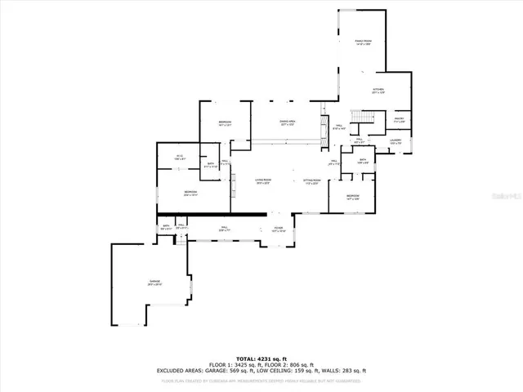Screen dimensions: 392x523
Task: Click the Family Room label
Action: (364, 42)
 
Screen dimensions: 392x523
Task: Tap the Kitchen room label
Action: (378, 91)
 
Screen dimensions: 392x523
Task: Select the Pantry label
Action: (400, 120)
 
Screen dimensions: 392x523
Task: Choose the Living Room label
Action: (262, 180)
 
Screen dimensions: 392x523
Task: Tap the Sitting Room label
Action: (311, 180)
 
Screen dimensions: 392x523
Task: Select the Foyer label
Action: (279, 229)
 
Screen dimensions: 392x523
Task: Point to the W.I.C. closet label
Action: (180, 156)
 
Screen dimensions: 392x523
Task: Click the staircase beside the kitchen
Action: (358, 114)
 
